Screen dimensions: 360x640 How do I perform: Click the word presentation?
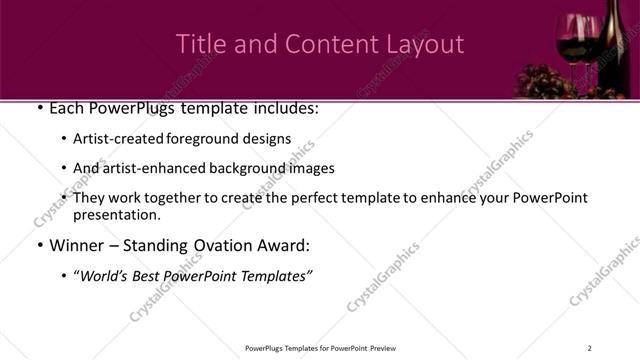(x=115, y=214)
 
